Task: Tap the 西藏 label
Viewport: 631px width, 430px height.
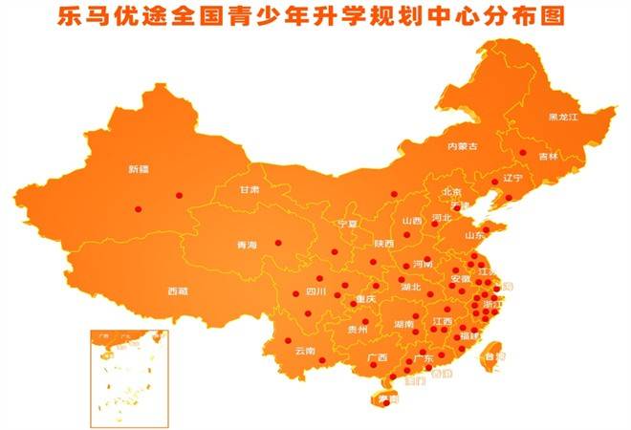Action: [x=177, y=290]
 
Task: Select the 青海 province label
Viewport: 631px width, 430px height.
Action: [x=247, y=246]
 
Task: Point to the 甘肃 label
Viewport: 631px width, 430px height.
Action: [x=250, y=190]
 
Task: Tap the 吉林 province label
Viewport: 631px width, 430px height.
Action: [x=548, y=156]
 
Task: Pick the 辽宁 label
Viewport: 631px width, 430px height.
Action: [x=512, y=179]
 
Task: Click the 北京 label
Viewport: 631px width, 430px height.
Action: [x=452, y=192]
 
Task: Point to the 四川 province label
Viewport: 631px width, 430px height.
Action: [x=315, y=291]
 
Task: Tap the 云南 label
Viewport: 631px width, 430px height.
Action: [x=305, y=351]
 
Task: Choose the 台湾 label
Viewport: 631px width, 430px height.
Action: [x=495, y=356]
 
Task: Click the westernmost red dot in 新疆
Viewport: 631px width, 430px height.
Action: [x=138, y=208]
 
